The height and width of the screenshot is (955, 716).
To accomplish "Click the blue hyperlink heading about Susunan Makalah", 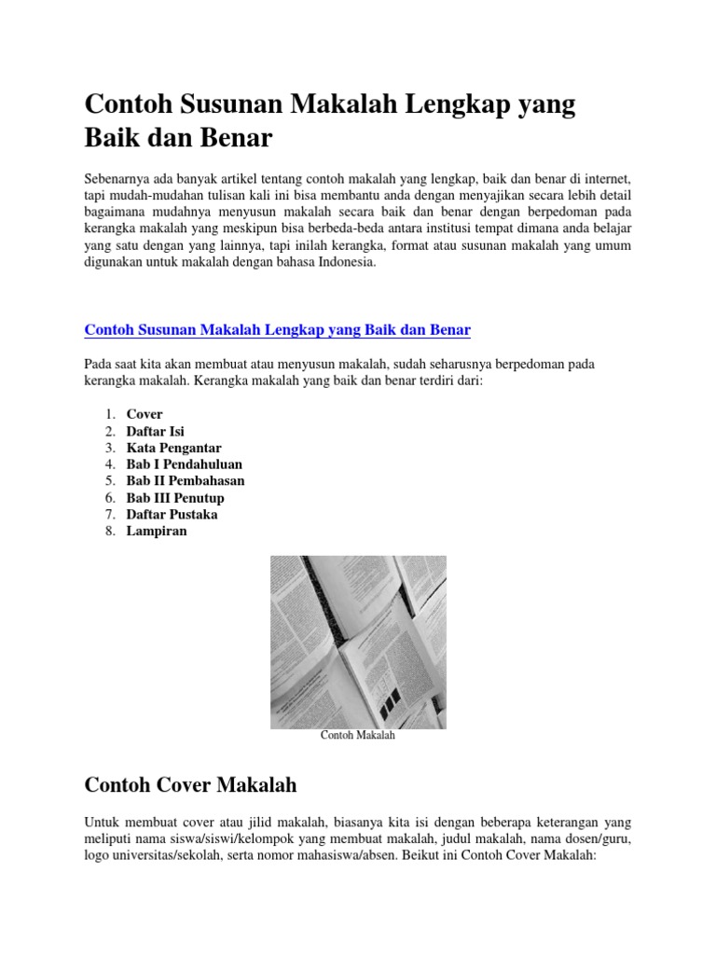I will pyautogui.click(x=278, y=330).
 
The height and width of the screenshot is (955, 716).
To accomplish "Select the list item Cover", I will pyautogui.click(x=145, y=414).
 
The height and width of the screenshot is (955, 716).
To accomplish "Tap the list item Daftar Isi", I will pyautogui.click(x=155, y=431).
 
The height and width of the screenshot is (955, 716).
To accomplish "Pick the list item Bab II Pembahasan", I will pyautogui.click(x=186, y=481).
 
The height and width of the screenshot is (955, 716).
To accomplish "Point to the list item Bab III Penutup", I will pyautogui.click(x=175, y=498).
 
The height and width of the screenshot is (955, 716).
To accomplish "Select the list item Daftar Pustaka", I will pyautogui.click(x=172, y=515).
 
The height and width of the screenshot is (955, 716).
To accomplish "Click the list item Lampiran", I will pyautogui.click(x=157, y=532).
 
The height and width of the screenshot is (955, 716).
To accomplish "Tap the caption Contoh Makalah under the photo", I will pyautogui.click(x=358, y=736).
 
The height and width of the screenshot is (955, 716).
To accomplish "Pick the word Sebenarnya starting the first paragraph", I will pyautogui.click(x=116, y=178).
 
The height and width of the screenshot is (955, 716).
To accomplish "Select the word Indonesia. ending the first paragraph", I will pyautogui.click(x=344, y=262).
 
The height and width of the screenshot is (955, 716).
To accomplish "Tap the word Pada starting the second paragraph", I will pyautogui.click(x=97, y=363).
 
